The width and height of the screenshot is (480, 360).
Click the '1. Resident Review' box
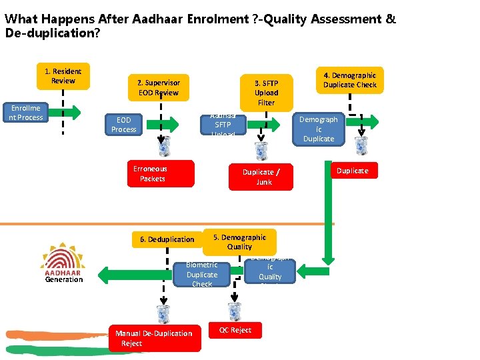(x=63, y=76)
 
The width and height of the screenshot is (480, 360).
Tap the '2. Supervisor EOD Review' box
(x=158, y=87)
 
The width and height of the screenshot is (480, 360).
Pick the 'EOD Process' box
(x=124, y=125)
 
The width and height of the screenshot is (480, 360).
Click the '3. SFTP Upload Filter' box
(x=266, y=93)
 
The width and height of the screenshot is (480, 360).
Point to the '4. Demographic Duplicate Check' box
(x=349, y=80)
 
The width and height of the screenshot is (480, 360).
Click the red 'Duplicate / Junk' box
(x=261, y=177)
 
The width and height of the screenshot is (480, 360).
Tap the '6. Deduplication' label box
(x=167, y=239)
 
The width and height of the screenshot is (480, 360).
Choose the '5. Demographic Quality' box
(x=239, y=242)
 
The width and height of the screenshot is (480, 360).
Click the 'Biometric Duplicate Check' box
(x=201, y=274)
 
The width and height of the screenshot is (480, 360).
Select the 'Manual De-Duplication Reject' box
(x=155, y=338)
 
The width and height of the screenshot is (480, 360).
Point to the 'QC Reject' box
(x=235, y=330)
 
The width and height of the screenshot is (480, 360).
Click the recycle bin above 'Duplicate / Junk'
(x=261, y=151)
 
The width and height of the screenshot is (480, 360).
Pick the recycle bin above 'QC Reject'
(x=235, y=311)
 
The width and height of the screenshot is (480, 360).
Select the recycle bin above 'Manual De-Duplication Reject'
(x=163, y=313)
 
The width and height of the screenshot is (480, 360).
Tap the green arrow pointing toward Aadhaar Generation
(x=133, y=272)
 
